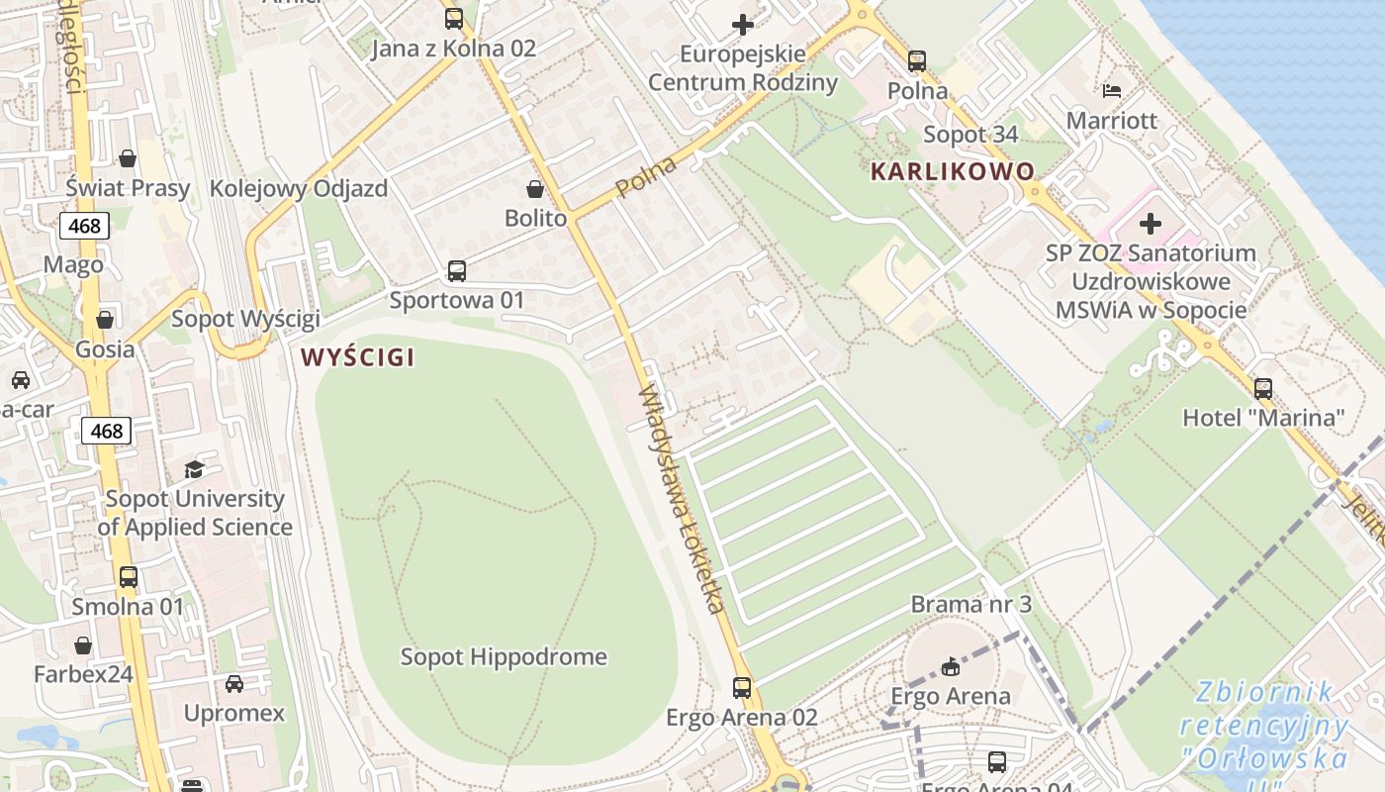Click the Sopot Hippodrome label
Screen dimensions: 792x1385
504,656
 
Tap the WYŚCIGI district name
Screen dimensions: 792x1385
357,357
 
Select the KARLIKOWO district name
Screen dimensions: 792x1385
952,171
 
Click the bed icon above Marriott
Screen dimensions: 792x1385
1112,91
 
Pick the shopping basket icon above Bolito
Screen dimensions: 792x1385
535,189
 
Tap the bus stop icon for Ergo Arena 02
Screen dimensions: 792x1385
742,687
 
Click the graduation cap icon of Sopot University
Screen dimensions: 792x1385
194,469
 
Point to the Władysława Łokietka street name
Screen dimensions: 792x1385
683,499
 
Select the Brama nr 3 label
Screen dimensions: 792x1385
970,604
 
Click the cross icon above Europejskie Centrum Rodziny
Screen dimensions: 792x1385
742,24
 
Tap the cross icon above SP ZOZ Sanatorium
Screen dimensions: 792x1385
1151,224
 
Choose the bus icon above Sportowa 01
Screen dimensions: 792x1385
456,270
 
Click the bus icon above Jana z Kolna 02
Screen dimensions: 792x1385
453,18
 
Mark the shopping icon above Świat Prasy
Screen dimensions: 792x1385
128,158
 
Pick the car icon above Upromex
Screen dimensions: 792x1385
234,683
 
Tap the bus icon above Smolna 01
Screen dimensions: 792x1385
128,576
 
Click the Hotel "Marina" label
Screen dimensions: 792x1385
1263,418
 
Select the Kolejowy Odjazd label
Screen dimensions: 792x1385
299,188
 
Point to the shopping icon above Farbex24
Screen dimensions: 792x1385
83,645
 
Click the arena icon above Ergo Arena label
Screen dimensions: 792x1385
951,666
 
